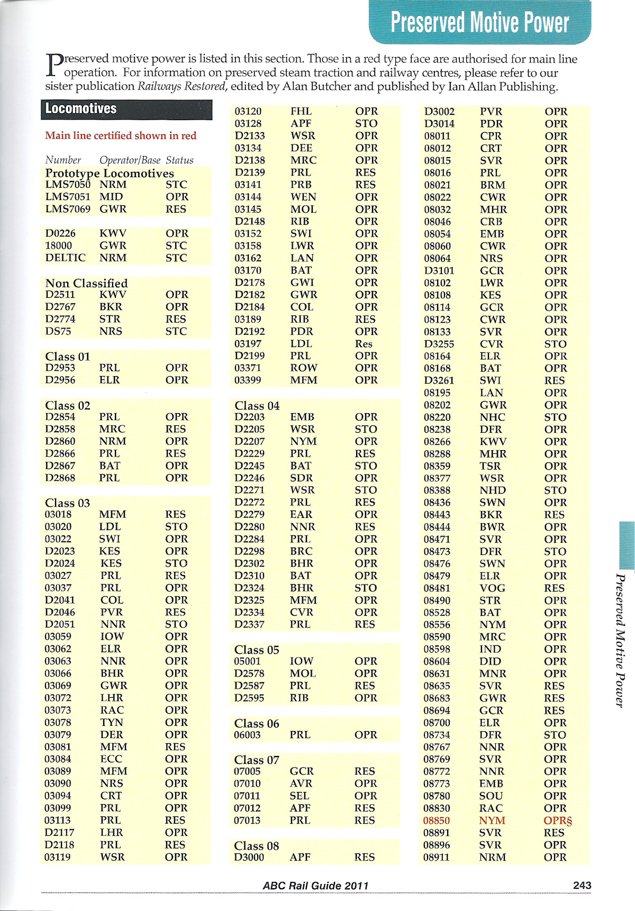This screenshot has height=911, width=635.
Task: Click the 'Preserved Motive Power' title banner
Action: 479,22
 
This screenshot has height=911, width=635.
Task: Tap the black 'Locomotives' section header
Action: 80,109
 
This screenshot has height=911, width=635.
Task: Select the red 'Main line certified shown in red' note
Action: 121,136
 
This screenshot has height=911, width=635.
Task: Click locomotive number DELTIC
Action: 65,258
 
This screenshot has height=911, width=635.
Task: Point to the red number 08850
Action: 437,821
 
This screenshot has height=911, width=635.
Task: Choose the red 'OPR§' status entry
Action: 558,821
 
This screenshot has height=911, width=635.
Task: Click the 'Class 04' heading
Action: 257,406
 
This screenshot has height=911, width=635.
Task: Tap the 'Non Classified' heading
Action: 86,283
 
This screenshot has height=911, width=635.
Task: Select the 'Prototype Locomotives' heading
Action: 110,173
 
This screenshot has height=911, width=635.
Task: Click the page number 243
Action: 582,886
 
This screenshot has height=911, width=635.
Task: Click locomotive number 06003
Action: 247,735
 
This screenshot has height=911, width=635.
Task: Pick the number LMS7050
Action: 68,185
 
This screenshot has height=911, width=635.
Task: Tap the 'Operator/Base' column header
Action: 130,160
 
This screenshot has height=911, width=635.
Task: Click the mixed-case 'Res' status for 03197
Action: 364,344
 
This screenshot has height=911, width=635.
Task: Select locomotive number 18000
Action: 58,245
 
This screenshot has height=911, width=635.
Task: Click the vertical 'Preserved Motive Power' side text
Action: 620,640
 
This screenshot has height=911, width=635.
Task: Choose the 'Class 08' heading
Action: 257,846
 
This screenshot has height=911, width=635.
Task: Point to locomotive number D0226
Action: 60,233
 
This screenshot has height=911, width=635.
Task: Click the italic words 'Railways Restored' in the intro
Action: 182,87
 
